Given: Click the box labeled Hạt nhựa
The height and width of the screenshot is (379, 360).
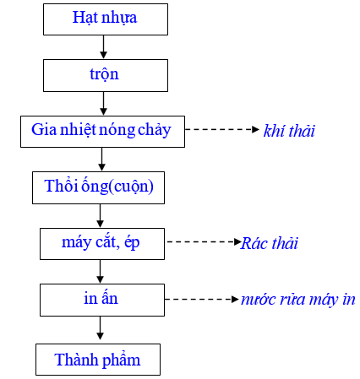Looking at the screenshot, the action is coord(106,19).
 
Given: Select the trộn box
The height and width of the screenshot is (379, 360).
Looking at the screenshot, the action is coord(106,75).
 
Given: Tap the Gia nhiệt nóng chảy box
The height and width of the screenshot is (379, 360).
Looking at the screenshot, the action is coord(102,132).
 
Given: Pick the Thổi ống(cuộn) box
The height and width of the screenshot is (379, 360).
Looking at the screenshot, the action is coord(98,187).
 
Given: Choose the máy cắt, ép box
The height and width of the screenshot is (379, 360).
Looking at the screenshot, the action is coord(102,244).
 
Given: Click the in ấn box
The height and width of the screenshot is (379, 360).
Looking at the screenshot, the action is coord(102,300).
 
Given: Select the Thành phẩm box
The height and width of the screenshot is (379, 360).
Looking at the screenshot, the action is coord(98,360).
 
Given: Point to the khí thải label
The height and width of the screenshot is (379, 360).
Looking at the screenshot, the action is coord(289,131).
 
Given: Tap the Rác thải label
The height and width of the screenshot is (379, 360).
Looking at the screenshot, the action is coord(270,243).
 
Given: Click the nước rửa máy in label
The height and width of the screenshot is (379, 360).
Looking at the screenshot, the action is coord(298,300).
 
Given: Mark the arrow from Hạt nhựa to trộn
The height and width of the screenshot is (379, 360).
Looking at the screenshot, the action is coord(103,47).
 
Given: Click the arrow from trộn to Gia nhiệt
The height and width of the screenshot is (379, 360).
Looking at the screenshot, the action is coord(103,104).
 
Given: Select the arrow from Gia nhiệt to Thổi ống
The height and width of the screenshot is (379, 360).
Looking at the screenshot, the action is coord(101,160).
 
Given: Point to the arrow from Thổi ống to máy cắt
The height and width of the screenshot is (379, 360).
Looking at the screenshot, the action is coord(100,216).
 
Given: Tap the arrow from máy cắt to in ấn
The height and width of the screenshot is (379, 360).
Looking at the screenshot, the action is coord(100,272).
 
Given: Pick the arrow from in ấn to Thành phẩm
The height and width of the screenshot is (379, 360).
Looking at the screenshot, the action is coord(100,328).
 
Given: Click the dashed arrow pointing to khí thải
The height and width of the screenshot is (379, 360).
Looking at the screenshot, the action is coord(222,129).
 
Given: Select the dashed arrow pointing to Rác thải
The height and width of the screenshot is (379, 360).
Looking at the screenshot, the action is coord(205,241).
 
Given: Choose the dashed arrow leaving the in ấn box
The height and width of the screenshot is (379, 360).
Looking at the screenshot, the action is coord(202,299).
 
